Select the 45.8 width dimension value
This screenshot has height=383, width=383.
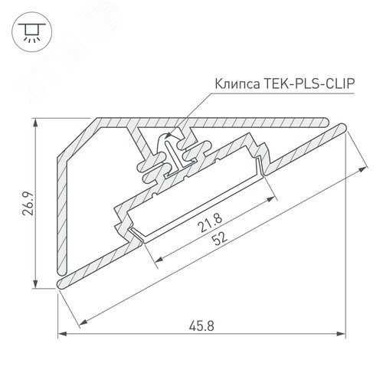pos(202,324)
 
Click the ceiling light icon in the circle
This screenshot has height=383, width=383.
pos(31,31)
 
